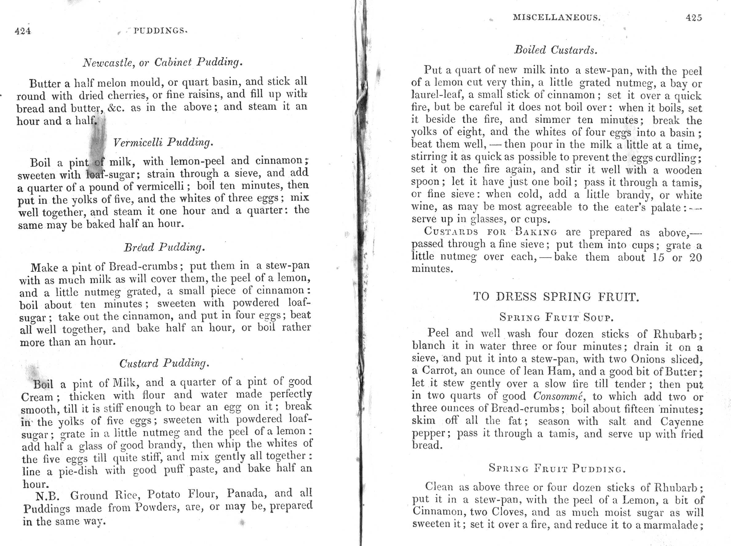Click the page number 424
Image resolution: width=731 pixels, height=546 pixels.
[23, 31]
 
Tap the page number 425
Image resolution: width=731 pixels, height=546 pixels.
[694, 18]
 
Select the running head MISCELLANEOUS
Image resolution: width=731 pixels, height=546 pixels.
[557, 18]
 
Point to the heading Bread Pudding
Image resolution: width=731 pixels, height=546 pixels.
[164, 247]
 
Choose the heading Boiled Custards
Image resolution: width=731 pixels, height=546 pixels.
[556, 50]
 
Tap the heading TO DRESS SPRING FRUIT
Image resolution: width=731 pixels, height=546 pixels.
[556, 297]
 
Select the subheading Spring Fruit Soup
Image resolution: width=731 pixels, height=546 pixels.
[557, 318]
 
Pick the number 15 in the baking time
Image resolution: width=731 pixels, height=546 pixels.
[658, 257]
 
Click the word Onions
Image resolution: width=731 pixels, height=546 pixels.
[648, 359]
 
